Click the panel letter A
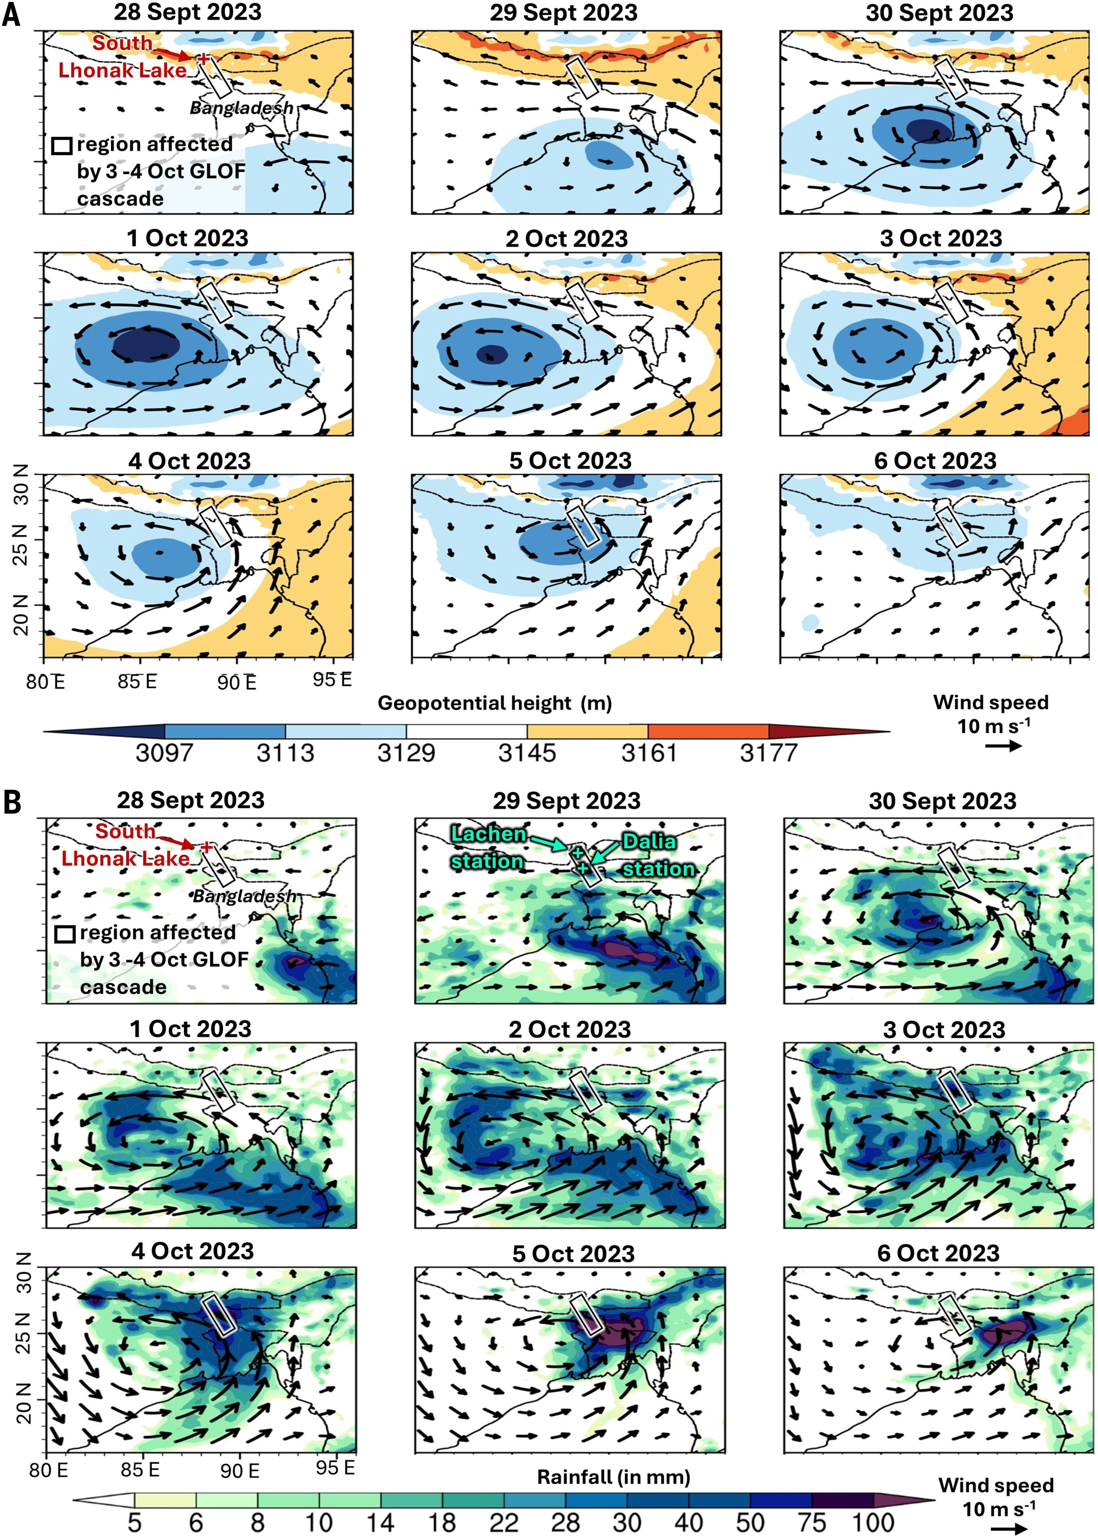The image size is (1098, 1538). coord(11,15)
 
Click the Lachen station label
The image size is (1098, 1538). coord(488,848)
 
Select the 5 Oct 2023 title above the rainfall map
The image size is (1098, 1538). coord(573,1254)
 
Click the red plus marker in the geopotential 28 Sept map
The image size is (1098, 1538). coord(203,59)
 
